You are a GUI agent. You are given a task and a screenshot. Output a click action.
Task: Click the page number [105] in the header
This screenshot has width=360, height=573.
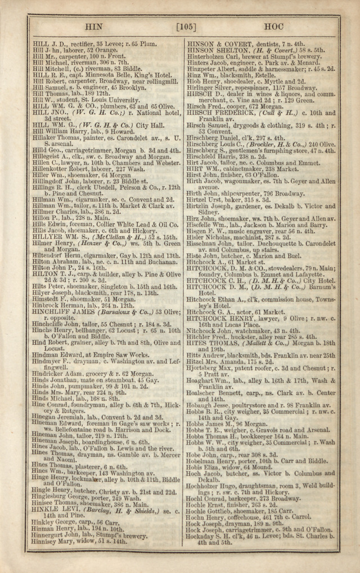point(185,26)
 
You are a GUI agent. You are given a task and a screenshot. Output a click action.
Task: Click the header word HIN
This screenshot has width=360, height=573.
point(93,26)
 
